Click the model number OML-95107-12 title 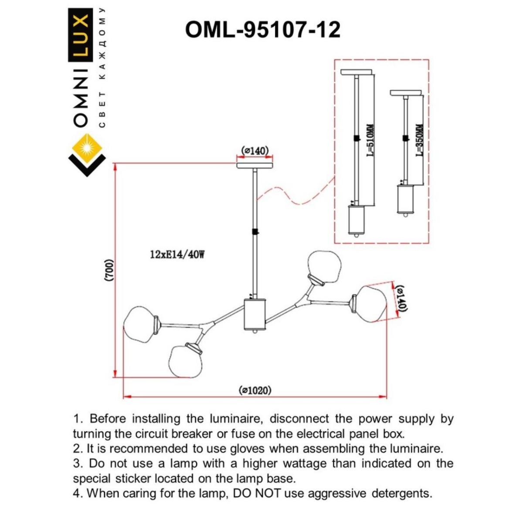(262, 30)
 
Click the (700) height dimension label (109, 272)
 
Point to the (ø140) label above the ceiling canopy (255, 151)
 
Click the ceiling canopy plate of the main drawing (255, 166)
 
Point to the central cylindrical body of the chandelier (255, 314)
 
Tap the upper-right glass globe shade (324, 265)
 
